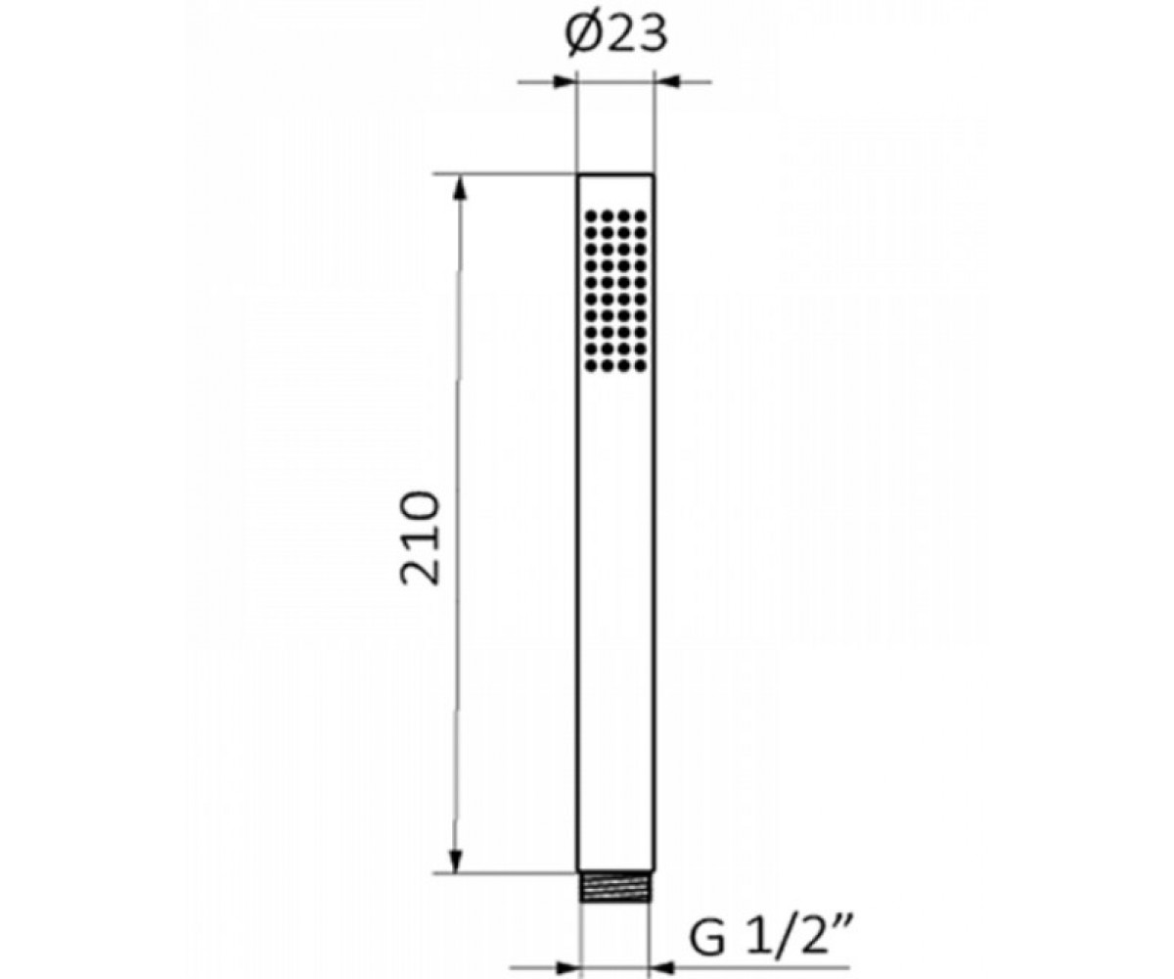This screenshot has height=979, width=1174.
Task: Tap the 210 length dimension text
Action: click(420, 537)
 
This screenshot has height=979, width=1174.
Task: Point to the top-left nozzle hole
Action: click(590, 215)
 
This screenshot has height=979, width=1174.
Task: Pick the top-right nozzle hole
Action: click(640, 215)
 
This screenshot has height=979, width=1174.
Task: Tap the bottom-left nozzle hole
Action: click(590, 366)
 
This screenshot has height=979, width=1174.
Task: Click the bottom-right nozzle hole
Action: click(640, 366)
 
